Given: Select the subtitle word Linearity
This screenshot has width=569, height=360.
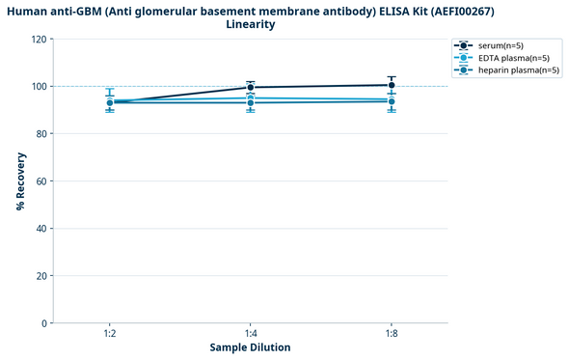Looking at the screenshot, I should [251, 25].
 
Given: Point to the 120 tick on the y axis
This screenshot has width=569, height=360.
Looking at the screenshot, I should [39, 40].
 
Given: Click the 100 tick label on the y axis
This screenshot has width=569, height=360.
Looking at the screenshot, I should [39, 87].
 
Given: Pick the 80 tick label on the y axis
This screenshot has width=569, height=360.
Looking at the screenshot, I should [41, 134].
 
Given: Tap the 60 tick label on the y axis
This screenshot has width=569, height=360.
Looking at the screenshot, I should [41, 181].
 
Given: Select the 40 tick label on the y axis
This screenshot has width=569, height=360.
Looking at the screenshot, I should [41, 229].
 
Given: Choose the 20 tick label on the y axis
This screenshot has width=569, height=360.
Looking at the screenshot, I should [41, 276].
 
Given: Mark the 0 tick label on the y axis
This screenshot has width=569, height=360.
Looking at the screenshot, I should [43, 323].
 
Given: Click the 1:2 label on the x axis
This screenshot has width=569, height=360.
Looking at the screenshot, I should [110, 333].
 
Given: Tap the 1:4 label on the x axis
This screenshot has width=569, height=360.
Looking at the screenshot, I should [251, 333].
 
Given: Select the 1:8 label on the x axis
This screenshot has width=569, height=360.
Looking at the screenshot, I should [391, 333].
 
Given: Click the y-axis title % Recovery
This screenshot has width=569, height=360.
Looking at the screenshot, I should [20, 181].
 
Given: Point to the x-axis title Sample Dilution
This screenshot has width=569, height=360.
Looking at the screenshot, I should [250, 347].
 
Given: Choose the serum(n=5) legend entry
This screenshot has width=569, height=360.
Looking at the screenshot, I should [501, 45].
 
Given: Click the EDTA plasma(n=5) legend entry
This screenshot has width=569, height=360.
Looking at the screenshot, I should [513, 58].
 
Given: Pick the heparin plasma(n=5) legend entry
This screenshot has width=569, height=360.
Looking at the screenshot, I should [518, 70].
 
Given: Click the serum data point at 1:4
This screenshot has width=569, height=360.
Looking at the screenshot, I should [251, 88].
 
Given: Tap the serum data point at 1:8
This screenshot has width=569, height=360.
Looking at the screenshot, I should [391, 85].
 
